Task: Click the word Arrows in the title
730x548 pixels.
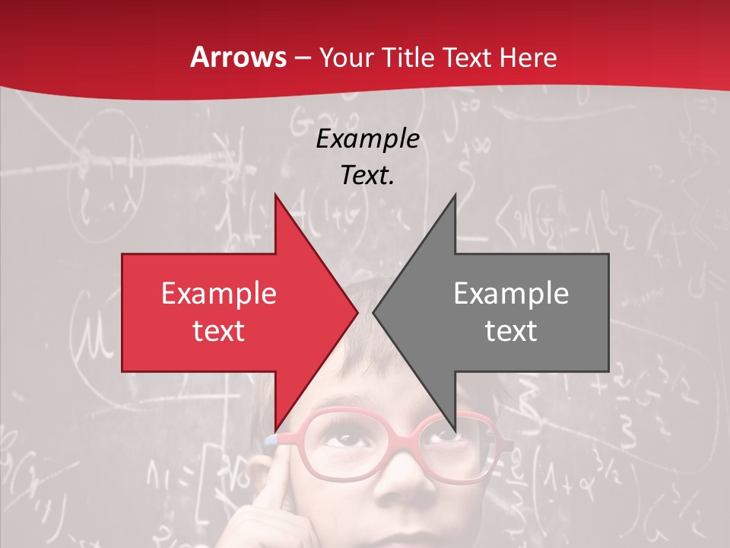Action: tap(239, 57)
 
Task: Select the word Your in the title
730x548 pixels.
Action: tap(345, 58)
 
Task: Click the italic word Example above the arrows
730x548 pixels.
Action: tap(367, 139)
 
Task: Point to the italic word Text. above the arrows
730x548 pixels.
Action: tap(367, 175)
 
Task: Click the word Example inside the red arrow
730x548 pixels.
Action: tap(219, 294)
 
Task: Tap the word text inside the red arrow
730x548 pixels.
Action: tap(219, 330)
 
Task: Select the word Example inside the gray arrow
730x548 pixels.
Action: tap(511, 294)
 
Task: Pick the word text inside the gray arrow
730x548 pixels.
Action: tap(511, 330)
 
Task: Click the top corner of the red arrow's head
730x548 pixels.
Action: tap(275, 196)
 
